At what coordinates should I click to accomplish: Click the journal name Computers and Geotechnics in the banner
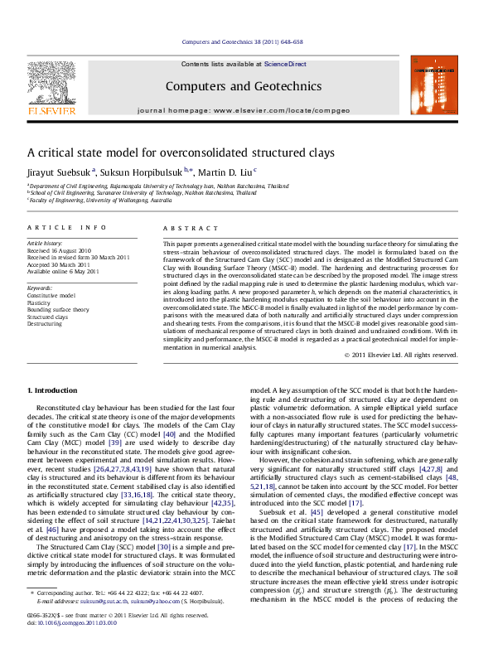tap(243, 86)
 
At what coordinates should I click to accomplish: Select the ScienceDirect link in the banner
tap(285, 64)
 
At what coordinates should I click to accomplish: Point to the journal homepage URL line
tap(243, 109)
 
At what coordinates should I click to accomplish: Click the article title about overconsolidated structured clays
tap(170, 152)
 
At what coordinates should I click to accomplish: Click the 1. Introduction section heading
tap(53, 389)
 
